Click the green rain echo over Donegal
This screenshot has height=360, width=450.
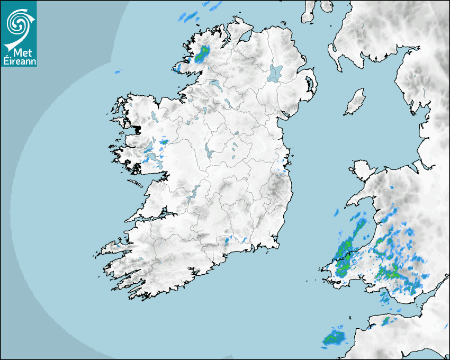[202, 53]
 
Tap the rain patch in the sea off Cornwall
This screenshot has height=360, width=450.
[334, 337]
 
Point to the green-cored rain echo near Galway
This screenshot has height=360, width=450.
[163, 141]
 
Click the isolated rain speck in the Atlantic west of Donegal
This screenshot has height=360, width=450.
[118, 71]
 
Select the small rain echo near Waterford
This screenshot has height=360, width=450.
[227, 241]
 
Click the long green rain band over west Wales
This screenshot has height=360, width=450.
[348, 249]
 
